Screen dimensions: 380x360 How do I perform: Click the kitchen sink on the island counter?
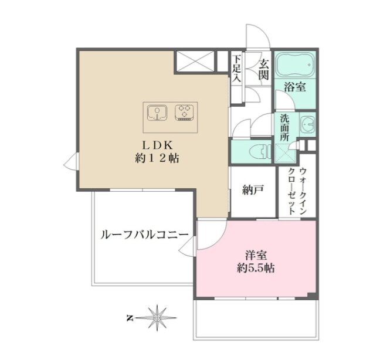(157, 113)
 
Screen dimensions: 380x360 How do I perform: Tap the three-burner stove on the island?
(184, 113)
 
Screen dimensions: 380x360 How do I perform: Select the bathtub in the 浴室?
(296, 64)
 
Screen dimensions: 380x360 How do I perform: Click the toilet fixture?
(260, 152)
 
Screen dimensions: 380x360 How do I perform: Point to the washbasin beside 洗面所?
(307, 124)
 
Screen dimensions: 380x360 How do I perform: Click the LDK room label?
(158, 145)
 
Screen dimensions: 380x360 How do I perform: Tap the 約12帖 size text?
(157, 158)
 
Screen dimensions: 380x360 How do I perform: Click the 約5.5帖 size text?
(256, 268)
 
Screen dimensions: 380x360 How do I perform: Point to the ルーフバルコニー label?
(144, 235)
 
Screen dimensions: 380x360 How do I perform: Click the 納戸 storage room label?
(253, 190)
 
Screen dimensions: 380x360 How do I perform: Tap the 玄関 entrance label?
(263, 70)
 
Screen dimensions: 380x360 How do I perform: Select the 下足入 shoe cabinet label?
(237, 69)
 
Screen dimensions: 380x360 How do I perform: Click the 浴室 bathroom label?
(295, 87)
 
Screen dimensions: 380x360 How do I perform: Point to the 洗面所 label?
(284, 127)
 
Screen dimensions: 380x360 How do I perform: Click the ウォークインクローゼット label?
(297, 191)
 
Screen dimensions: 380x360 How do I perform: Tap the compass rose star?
(157, 317)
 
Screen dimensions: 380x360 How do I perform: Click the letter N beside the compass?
(130, 317)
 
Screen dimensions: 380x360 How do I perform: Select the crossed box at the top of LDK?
(195, 62)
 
